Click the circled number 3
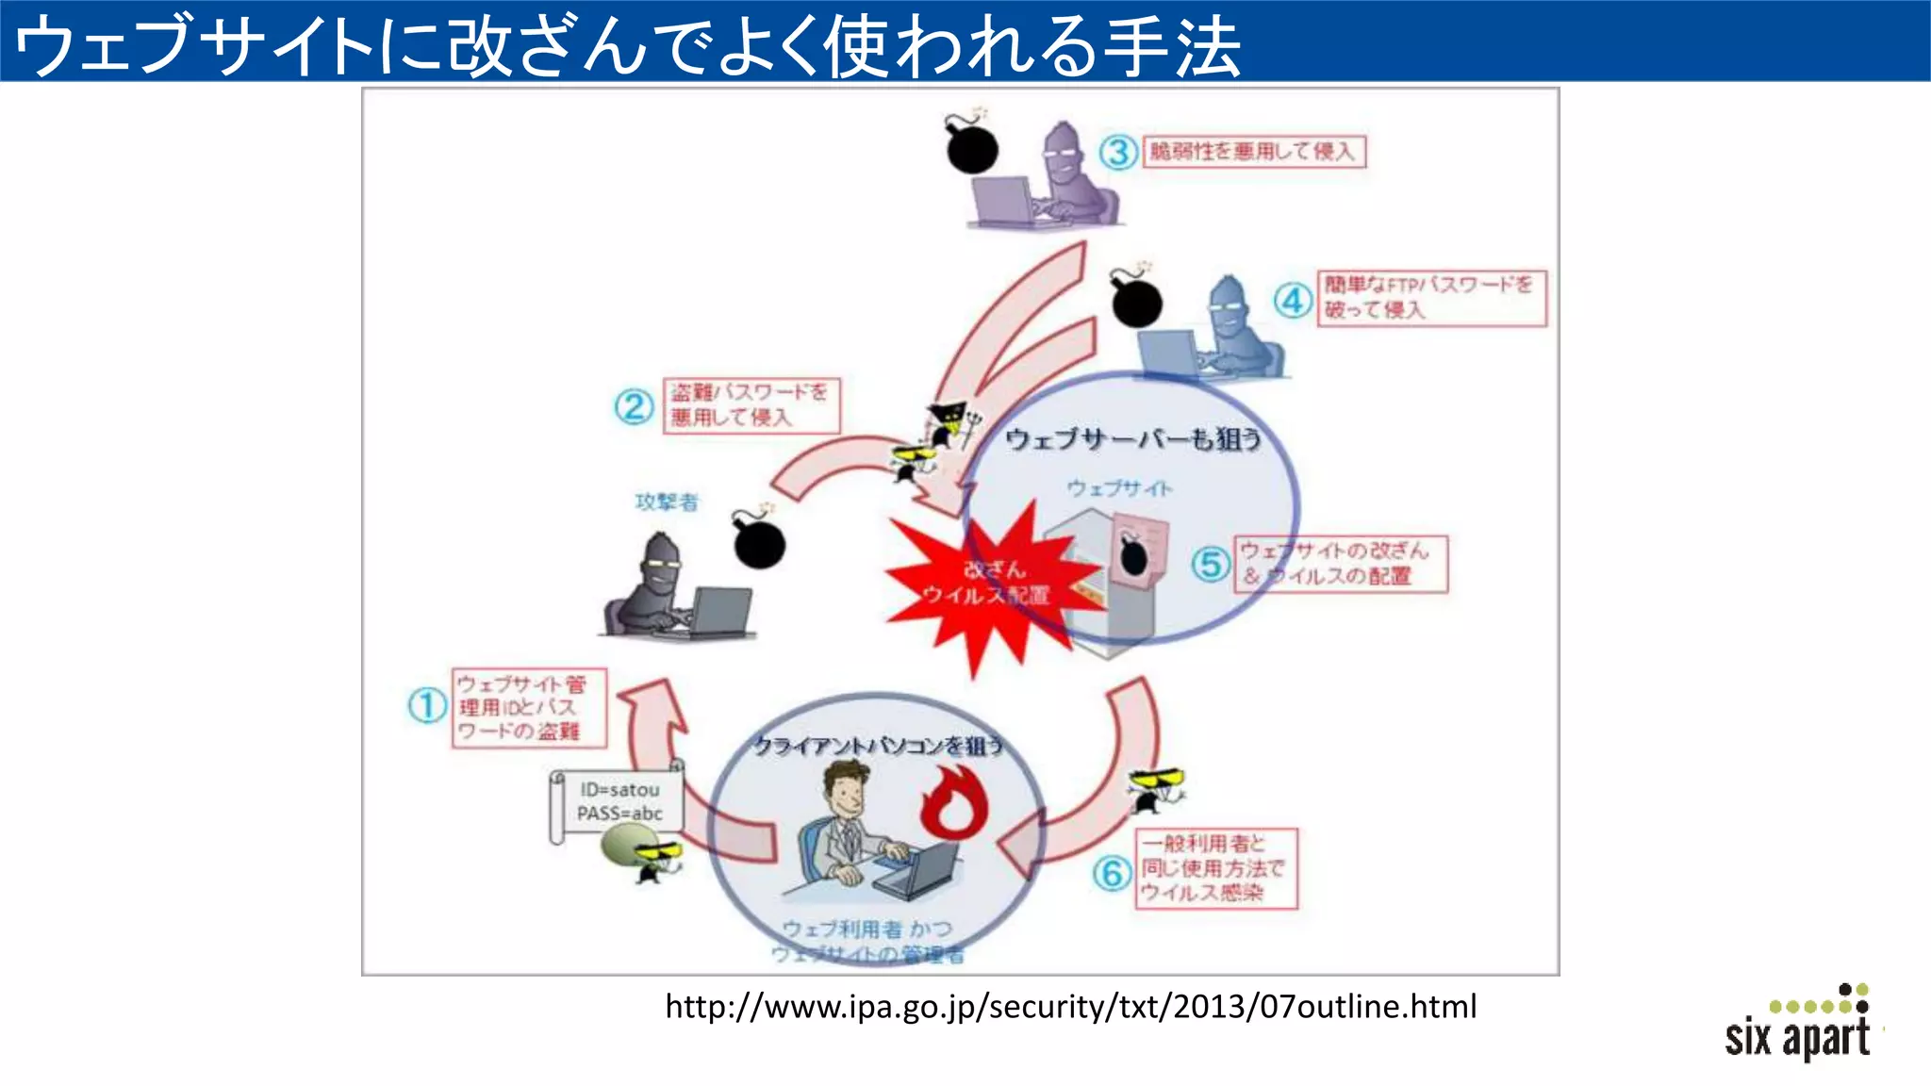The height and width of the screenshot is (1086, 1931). (x=1118, y=152)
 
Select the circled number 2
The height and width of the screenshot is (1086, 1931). (x=634, y=407)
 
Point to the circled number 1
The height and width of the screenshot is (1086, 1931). (x=426, y=705)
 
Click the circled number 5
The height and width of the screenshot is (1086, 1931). (x=1211, y=565)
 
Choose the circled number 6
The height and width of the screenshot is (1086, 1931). (x=1112, y=873)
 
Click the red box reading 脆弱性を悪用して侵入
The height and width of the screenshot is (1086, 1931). (x=1254, y=152)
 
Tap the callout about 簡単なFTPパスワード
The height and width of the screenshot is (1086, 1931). (x=1431, y=298)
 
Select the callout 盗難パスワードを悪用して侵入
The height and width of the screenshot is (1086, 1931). (x=751, y=405)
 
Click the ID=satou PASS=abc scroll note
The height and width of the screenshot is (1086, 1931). (x=619, y=802)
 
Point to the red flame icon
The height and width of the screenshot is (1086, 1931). (x=952, y=802)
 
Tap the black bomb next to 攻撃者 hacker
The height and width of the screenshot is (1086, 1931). (x=759, y=541)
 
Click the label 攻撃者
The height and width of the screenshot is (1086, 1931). (x=667, y=502)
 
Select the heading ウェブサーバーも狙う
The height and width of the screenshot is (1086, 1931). (x=1131, y=439)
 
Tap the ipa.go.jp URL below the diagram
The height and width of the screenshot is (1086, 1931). (x=1070, y=1007)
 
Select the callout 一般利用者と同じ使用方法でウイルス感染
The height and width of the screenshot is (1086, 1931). (x=1216, y=868)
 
